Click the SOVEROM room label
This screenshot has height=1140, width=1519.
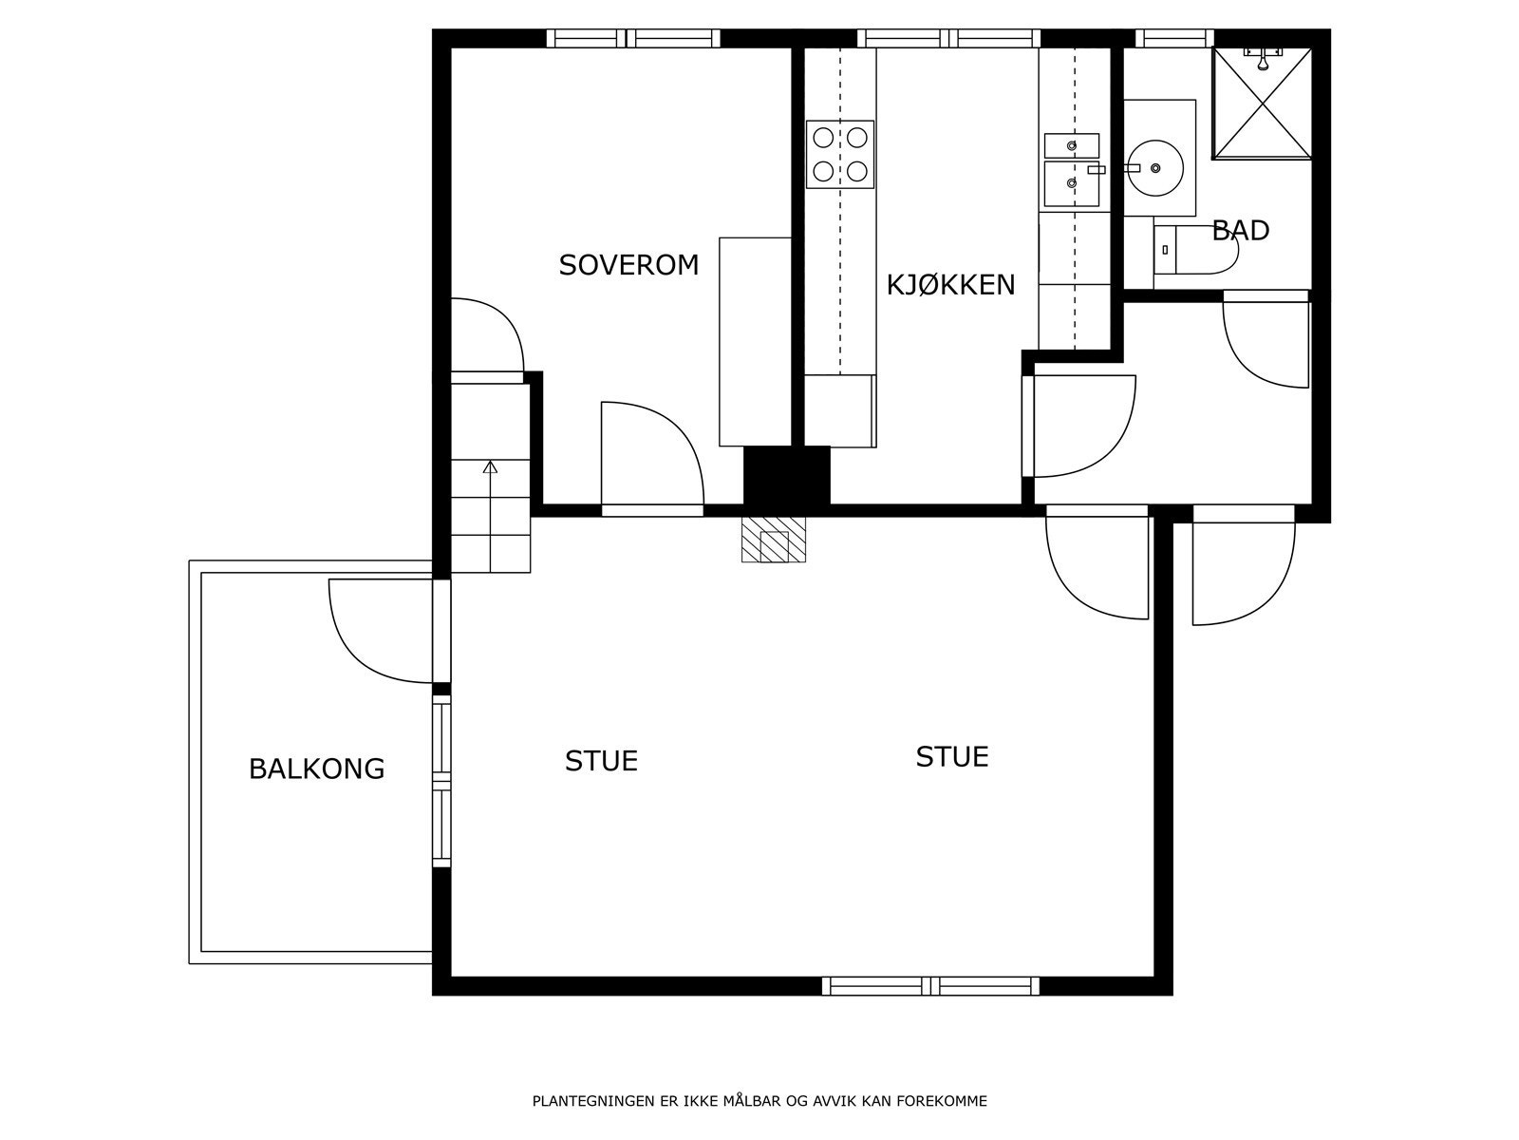(x=628, y=265)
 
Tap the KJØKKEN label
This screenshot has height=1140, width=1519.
(x=950, y=285)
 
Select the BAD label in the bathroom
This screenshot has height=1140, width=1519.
(x=1241, y=231)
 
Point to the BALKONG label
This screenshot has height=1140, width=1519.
(x=316, y=769)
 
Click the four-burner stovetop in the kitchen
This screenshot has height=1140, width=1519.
(x=840, y=154)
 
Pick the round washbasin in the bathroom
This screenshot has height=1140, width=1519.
(x=1155, y=167)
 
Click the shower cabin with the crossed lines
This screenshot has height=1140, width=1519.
(x=1263, y=104)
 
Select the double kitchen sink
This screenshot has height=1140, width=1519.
(x=1071, y=170)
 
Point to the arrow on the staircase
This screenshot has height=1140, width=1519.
(x=490, y=516)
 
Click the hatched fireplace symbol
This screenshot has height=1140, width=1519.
(x=774, y=540)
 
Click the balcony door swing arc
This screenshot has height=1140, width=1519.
(x=360, y=655)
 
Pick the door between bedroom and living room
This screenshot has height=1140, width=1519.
(x=652, y=457)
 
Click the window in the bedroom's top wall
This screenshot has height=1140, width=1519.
(x=633, y=38)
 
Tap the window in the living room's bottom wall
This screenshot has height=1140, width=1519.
(x=930, y=986)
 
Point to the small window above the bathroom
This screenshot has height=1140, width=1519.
(x=1174, y=38)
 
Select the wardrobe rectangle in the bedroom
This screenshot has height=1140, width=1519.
(x=755, y=342)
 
